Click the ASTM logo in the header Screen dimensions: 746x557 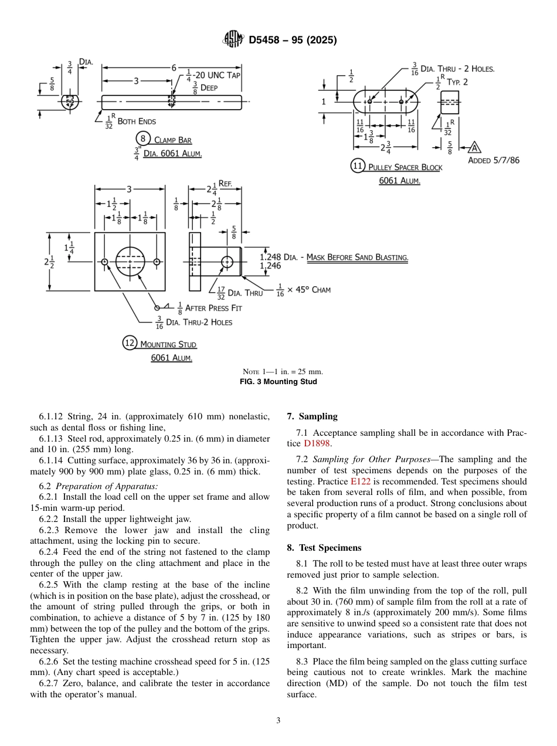point(233,40)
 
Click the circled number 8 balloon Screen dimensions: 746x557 point(142,139)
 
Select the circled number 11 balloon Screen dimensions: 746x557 point(358,166)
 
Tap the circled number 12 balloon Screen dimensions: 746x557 point(130,343)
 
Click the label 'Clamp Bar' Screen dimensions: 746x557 point(172,140)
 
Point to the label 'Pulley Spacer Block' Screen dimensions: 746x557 point(405,167)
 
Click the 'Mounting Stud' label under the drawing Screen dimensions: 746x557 point(168,344)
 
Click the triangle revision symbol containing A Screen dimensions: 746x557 point(475,147)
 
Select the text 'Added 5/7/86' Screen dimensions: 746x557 point(494,160)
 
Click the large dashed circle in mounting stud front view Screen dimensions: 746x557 point(130,262)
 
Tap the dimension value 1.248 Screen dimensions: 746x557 point(270,257)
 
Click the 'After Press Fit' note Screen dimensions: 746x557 point(213,308)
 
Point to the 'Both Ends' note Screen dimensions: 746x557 point(137,121)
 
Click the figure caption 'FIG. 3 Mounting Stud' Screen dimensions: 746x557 point(278,382)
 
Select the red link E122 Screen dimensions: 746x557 point(360,481)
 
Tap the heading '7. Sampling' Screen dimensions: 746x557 point(312,416)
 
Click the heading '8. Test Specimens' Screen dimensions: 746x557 point(324,548)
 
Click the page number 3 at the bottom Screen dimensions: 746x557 point(278,721)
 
